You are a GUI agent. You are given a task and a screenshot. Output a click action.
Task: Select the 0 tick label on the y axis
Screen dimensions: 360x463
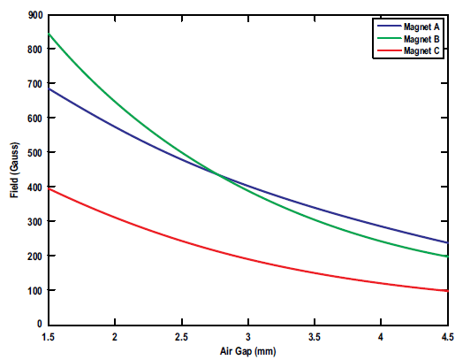coord(38,325)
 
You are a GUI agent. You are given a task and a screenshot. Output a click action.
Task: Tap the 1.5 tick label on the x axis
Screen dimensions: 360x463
coord(48,337)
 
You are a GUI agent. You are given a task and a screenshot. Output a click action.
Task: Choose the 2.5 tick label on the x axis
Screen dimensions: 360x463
coord(181,337)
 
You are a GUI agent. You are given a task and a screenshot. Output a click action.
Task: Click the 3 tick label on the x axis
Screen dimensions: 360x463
coord(248,337)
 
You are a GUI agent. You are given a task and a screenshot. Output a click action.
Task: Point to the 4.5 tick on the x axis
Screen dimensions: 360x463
coord(447,337)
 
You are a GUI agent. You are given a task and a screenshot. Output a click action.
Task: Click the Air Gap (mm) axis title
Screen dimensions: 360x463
coord(247,350)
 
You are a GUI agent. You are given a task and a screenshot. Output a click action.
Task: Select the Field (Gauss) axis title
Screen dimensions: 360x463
coord(15,170)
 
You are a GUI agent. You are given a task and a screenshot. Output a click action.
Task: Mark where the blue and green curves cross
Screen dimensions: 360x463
coord(216,173)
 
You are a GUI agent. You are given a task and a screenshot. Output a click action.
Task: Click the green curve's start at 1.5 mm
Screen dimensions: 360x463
coord(48,34)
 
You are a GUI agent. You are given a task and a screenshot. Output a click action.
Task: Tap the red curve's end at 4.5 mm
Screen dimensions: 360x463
coord(447,291)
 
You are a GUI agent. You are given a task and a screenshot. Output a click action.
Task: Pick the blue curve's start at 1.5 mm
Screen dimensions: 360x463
coord(48,88)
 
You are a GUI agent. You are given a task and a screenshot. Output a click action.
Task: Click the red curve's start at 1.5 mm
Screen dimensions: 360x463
coord(48,188)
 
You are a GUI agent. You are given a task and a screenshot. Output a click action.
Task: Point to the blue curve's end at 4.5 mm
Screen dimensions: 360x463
coord(447,242)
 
